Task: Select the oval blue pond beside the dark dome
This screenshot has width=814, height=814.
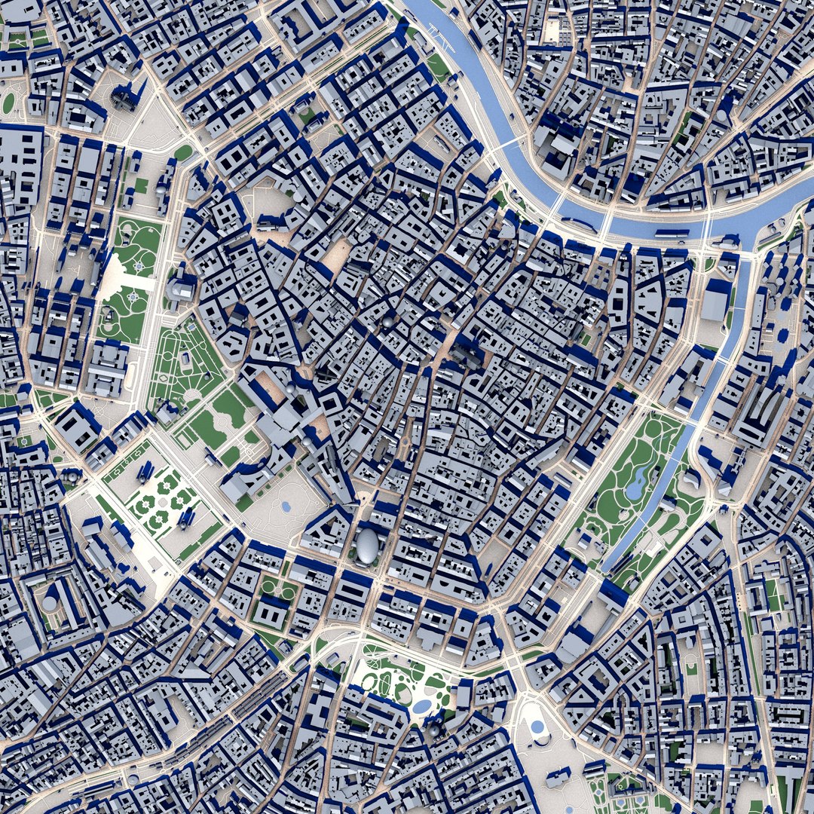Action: (x=422, y=706)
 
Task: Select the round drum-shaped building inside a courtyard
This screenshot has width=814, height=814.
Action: (x=50, y=604)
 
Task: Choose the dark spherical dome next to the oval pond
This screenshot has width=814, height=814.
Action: (x=434, y=729)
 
